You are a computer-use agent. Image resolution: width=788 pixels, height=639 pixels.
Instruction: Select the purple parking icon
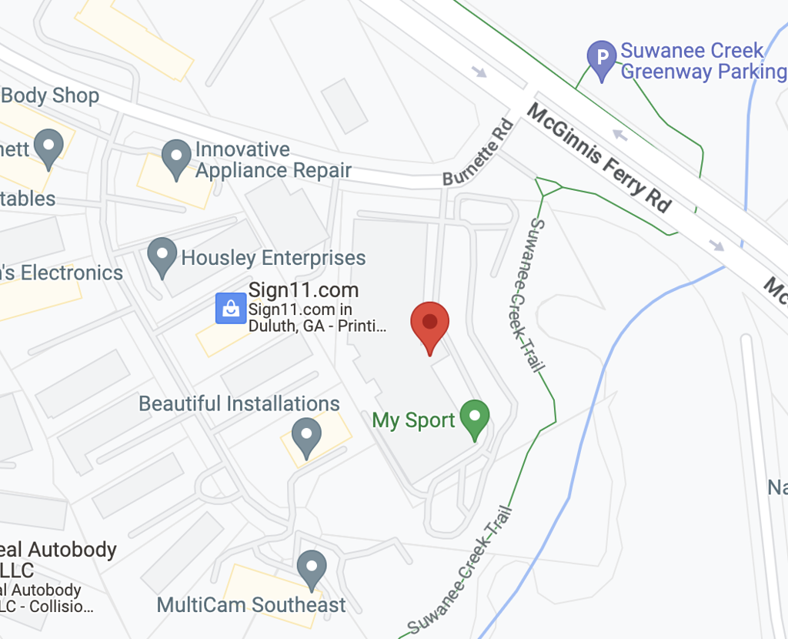pyautogui.click(x=602, y=57)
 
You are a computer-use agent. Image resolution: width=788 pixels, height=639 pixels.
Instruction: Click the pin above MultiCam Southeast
pyautogui.click(x=312, y=568)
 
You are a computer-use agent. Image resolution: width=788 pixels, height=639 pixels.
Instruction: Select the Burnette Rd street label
pyautogui.click(x=478, y=152)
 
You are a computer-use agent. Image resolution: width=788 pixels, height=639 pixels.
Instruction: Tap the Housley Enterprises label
pyautogui.click(x=273, y=258)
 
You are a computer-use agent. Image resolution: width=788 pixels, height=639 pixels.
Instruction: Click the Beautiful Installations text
pyautogui.click(x=239, y=404)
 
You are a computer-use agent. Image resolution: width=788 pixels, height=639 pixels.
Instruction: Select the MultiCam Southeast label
pyautogui.click(x=251, y=605)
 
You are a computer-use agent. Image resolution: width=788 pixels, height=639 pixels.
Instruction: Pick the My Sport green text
pyautogui.click(x=414, y=420)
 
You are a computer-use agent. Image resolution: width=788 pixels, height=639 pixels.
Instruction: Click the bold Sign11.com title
pyautogui.click(x=303, y=290)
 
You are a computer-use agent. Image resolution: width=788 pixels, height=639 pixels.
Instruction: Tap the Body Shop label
pyautogui.click(x=51, y=95)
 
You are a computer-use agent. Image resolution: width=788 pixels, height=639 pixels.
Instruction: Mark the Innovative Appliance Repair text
pyautogui.click(x=273, y=159)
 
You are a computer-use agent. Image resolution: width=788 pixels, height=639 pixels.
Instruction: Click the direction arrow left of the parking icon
pyautogui.click(x=480, y=72)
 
